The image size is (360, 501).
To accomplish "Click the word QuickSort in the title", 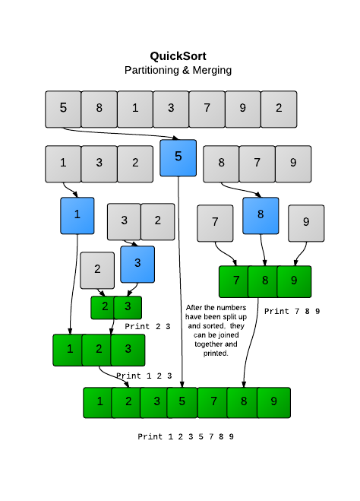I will [178, 55].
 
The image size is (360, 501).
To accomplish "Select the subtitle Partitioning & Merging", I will [178, 70].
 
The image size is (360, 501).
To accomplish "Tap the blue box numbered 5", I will [178, 157].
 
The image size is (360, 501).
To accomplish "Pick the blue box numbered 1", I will [77, 215].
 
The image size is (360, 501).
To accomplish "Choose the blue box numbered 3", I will [137, 264].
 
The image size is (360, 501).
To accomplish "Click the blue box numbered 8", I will [261, 215].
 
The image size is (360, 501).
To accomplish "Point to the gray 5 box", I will [63, 108].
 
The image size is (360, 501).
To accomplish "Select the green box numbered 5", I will [181, 402].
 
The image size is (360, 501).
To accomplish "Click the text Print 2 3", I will [147, 326].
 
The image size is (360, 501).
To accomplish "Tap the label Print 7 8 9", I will [292, 311].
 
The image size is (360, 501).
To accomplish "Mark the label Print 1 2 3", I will [144, 376].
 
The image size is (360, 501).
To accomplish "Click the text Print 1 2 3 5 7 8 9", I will [185, 436].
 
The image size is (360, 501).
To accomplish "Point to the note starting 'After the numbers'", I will [211, 330].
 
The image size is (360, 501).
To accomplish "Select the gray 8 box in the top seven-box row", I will [99, 108].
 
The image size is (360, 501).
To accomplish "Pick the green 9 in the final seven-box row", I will [274, 402].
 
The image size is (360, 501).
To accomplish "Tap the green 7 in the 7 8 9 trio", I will [236, 281].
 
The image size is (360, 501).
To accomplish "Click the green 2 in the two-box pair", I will [103, 307].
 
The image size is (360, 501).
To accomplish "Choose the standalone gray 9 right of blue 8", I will [306, 223].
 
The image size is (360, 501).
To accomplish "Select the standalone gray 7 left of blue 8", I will [215, 223].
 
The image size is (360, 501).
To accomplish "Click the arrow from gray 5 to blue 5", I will [122, 135].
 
